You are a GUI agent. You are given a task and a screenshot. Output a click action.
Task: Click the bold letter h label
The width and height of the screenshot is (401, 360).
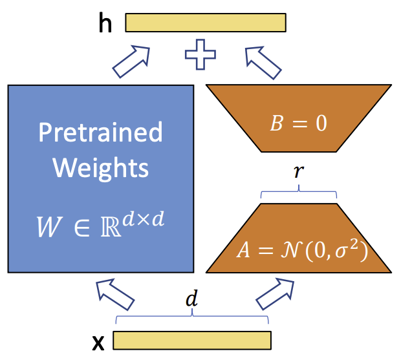click(x=105, y=23)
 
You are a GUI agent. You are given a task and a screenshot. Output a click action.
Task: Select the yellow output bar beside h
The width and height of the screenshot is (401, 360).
click(x=206, y=23)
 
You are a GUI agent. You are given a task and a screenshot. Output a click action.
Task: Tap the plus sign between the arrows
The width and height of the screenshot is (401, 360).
click(x=200, y=54)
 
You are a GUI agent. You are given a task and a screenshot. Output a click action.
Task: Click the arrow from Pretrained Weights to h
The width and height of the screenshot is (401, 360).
click(x=131, y=61)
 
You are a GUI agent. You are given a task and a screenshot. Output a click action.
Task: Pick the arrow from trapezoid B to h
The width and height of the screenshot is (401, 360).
click(x=263, y=63)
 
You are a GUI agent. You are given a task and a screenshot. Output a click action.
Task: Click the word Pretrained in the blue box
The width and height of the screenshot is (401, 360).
click(x=100, y=132)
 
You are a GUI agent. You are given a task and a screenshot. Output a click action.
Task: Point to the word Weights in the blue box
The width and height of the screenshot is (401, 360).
click(x=100, y=168)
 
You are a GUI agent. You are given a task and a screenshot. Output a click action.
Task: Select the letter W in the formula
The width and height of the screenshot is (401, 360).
click(x=49, y=227)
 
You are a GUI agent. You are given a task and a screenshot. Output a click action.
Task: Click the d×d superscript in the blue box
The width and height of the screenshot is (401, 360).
click(x=143, y=219)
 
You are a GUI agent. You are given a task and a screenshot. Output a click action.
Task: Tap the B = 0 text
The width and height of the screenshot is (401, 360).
click(x=298, y=123)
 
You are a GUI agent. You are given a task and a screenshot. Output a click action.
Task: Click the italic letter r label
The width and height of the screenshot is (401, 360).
click(x=299, y=171)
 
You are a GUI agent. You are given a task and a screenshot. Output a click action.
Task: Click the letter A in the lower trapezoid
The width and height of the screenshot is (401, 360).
click(x=243, y=249)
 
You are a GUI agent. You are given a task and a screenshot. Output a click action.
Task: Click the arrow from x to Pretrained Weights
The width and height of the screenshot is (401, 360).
click(x=115, y=294)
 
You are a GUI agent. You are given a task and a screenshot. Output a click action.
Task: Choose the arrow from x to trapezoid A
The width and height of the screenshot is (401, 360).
click(x=275, y=294)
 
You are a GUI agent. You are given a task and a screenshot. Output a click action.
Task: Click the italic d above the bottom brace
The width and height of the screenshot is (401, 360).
click(x=192, y=298)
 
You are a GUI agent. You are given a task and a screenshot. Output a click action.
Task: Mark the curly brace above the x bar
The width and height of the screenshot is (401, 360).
click(x=192, y=316)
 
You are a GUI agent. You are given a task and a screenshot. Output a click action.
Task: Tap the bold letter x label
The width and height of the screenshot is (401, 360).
click(x=98, y=343)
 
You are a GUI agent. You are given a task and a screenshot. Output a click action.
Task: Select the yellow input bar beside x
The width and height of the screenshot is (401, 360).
click(x=192, y=341)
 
